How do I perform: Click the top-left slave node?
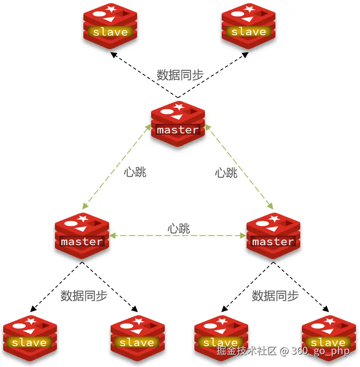click(x=110, y=26)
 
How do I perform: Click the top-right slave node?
click(x=249, y=26)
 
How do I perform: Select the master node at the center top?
click(x=178, y=124)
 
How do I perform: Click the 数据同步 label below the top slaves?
click(x=180, y=75)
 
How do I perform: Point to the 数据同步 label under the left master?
click(x=84, y=296)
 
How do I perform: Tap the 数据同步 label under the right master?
click(x=275, y=296)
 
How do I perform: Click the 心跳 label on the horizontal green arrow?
click(x=178, y=229)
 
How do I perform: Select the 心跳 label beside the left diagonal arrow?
click(x=135, y=172)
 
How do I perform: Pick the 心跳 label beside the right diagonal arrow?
click(x=226, y=173)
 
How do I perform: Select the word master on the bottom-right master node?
click(x=273, y=242)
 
